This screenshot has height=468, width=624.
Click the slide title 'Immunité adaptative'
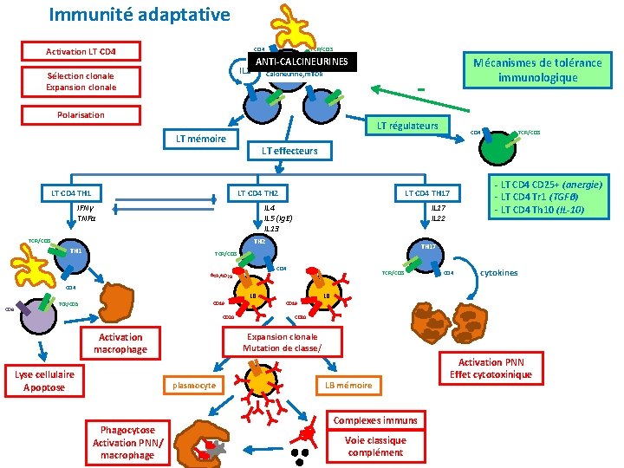tap(140, 15)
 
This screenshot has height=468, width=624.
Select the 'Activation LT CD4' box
tap(81, 51)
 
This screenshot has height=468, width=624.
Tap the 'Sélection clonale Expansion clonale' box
tap(81, 81)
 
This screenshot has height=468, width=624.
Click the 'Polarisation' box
tap(81, 114)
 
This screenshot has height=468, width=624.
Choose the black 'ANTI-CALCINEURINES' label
tap(302, 62)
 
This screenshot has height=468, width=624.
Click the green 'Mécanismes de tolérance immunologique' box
tap(535, 69)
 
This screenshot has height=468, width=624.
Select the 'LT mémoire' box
tap(201, 139)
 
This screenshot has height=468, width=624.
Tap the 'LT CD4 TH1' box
tap(72, 192)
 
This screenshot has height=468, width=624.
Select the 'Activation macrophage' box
tap(120, 343)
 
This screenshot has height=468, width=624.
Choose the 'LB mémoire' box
tap(348, 385)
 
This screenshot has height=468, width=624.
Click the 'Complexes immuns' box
tap(374, 420)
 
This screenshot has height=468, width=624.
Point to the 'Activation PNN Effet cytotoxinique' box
tap(491, 368)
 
